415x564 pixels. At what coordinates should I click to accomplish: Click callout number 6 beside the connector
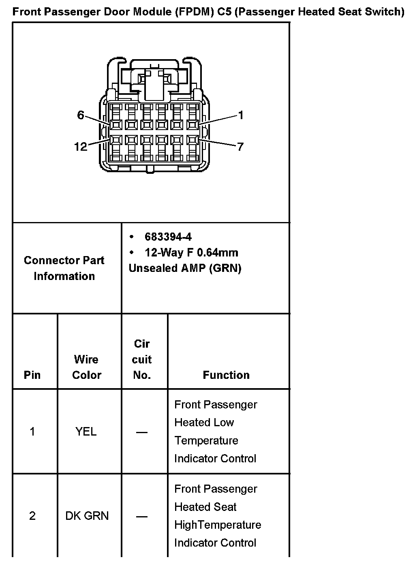point(81,115)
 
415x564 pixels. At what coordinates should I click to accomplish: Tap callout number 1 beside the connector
point(240,115)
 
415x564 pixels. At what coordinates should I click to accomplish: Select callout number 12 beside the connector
point(81,146)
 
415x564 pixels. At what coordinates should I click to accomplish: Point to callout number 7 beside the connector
point(240,146)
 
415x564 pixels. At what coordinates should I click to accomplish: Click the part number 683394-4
point(168,237)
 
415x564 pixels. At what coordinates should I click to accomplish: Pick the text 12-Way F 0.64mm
point(191,253)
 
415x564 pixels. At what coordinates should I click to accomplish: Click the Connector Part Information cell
point(64,268)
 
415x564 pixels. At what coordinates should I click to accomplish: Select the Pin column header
point(32,375)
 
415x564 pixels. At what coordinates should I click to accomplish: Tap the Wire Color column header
point(86,367)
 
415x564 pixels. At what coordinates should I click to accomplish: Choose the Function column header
point(226,375)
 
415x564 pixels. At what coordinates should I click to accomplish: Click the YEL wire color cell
point(86,432)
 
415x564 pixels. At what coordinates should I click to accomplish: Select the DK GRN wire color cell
point(87,516)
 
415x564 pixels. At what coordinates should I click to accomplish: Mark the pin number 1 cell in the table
point(32,432)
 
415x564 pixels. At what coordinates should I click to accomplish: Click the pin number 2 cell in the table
point(32,516)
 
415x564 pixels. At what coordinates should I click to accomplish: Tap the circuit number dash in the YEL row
point(142,432)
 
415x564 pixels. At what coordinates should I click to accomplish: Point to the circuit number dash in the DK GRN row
point(142,517)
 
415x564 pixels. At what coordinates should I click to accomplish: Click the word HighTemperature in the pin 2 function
point(218,525)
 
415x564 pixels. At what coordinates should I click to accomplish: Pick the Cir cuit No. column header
point(142,359)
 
